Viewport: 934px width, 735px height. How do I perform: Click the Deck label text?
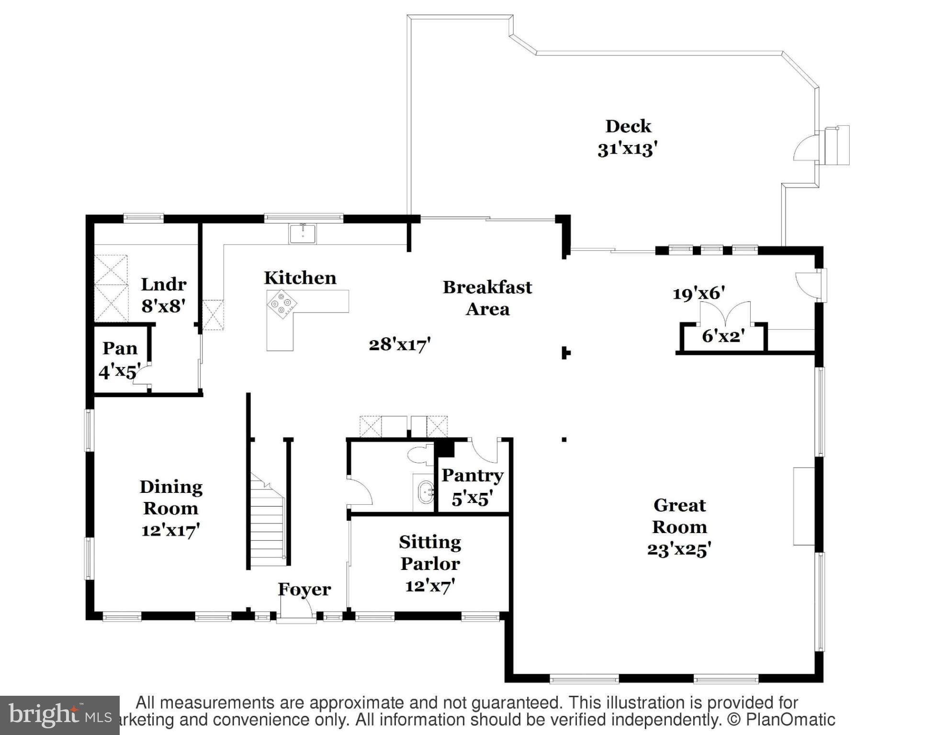628,126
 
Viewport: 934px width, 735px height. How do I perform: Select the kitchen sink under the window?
303,234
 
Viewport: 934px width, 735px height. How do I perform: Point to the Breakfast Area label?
487,298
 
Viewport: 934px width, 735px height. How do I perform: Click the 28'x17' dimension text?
400,344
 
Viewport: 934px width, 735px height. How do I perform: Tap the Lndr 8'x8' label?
163,295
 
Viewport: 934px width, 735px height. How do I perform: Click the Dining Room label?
171,498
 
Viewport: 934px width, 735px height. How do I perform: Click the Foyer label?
304,589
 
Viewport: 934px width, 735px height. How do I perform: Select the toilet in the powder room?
420,455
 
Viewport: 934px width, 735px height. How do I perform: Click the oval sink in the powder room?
425,492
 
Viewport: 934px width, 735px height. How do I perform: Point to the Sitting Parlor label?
430,553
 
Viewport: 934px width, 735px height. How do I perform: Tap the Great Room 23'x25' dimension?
679,549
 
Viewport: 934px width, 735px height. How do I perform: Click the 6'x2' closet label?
723,336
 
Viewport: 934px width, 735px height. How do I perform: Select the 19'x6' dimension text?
698,293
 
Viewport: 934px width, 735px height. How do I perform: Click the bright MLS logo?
59,715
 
